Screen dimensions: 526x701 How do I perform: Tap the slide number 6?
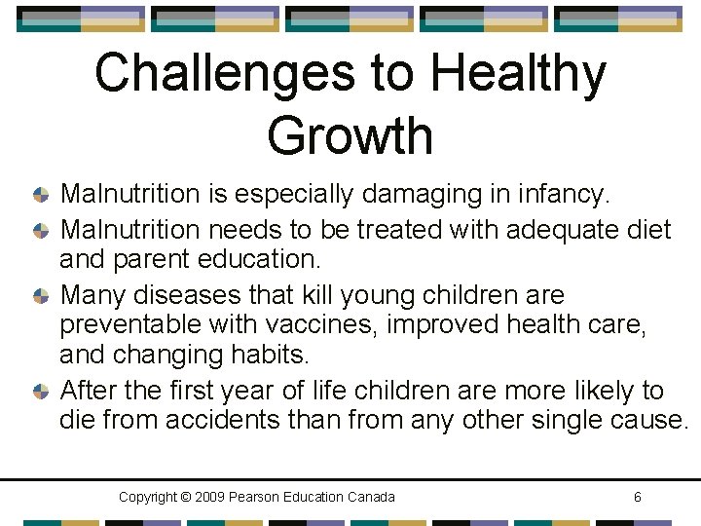point(637,498)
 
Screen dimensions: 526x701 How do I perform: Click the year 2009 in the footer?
point(212,498)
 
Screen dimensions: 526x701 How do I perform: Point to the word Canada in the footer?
point(371,498)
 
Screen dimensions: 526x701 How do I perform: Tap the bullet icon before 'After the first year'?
point(40,392)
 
